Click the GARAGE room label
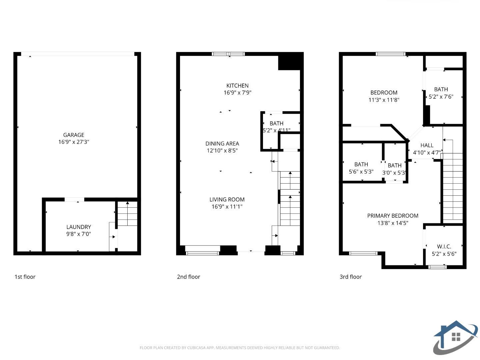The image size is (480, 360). point(74,135)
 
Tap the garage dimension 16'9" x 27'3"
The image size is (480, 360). point(74,142)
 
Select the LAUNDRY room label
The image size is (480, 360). point(79,227)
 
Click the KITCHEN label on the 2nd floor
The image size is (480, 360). point(237,86)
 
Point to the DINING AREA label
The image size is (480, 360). point(222,144)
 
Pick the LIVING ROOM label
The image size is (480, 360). point(227,200)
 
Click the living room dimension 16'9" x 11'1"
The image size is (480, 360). point(227,207)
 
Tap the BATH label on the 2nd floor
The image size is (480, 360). point(276,123)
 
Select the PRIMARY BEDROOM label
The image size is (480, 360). point(393,216)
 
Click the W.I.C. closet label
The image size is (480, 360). point(444,247)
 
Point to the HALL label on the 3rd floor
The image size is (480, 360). point(427,145)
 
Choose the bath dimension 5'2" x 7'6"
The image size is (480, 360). point(441,97)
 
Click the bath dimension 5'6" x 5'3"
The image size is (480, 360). point(361,172)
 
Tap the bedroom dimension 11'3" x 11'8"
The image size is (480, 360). point(384,100)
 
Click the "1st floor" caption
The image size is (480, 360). point(25,277)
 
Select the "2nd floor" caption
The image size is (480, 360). point(189,277)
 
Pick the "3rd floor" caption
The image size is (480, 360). point(351,277)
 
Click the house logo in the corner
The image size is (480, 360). point(455,337)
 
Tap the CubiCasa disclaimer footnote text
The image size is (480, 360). point(240,348)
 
